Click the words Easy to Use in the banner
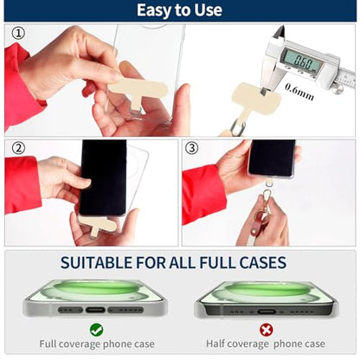click(x=179, y=10)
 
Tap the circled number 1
click(x=18, y=33)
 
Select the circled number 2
click(x=18, y=148)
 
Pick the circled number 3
click(x=192, y=148)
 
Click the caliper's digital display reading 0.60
click(x=302, y=61)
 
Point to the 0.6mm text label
click(x=299, y=92)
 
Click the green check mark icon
click(x=96, y=330)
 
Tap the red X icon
click(x=266, y=330)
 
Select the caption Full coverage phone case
click(x=97, y=344)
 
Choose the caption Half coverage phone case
click(x=266, y=344)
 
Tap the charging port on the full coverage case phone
click(x=95, y=310)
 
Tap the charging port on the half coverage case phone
click(x=267, y=312)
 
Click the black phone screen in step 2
click(x=103, y=177)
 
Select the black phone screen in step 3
click(x=272, y=157)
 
